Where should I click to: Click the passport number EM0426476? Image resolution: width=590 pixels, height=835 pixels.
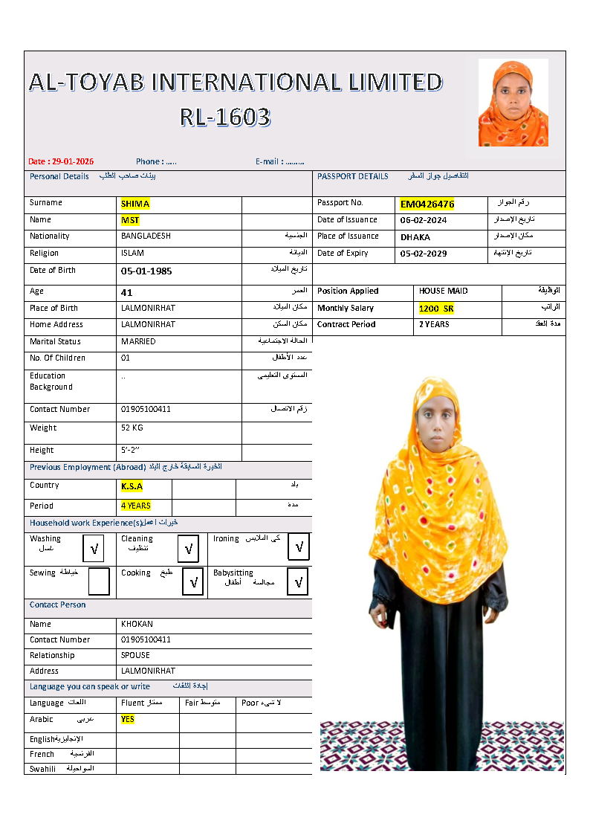(427, 204)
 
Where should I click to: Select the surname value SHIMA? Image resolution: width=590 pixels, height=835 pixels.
(135, 204)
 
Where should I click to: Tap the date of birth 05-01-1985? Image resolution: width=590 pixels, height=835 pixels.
(146, 271)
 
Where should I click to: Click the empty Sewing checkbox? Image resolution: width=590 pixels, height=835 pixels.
(98, 581)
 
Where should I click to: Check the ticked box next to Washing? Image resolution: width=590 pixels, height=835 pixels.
(94, 549)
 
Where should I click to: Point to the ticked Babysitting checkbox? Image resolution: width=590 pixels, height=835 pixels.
(297, 581)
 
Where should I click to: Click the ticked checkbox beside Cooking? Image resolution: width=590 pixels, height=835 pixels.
(192, 581)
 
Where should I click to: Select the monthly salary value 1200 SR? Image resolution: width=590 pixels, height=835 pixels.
(436, 309)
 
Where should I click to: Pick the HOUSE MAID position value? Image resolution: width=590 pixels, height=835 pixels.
(444, 291)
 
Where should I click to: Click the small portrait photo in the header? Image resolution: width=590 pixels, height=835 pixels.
(513, 103)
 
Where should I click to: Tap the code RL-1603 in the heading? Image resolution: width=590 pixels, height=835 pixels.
(225, 117)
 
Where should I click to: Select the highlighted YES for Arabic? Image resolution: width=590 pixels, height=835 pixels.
(128, 720)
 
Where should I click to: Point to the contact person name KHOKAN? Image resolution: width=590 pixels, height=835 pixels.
(137, 625)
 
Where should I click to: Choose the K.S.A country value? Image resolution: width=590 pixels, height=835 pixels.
(132, 486)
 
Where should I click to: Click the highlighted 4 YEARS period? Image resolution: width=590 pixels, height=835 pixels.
(136, 506)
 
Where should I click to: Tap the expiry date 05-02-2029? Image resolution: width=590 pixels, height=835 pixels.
(423, 254)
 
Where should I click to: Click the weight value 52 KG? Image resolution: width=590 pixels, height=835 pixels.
(132, 428)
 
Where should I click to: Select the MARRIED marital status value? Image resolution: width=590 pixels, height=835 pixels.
(138, 342)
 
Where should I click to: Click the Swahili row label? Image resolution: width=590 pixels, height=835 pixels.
(42, 769)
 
